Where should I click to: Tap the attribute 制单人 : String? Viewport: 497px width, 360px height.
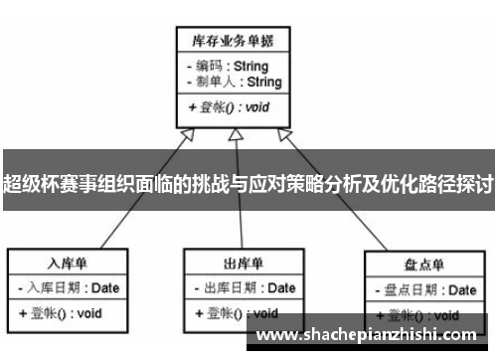pyautogui.click(x=234, y=82)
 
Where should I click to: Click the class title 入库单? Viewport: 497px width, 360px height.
pyautogui.click(x=70, y=264)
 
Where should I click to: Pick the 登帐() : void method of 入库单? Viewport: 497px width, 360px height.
pyautogui.click(x=62, y=313)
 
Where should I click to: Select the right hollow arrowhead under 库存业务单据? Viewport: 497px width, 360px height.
pyautogui.click(x=285, y=134)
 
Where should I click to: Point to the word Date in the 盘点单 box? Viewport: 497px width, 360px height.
pyautogui.click(x=461, y=290)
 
